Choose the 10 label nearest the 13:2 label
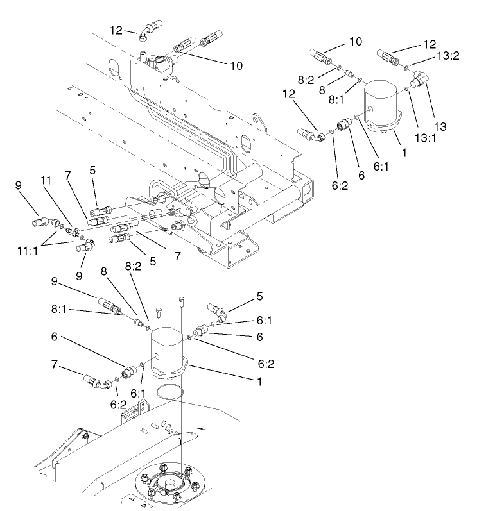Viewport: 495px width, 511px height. (355, 41)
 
